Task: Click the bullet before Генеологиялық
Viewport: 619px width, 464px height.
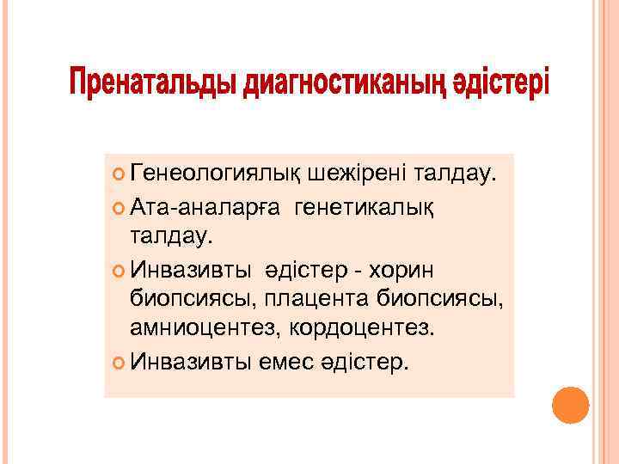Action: (x=118, y=176)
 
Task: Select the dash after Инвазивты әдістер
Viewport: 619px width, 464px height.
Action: (x=352, y=271)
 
